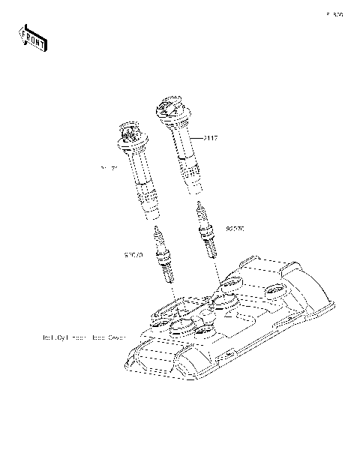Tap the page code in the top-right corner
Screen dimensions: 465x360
(x=334, y=13)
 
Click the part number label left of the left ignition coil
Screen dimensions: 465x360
(x=110, y=169)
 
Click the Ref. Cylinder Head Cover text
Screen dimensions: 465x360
(x=83, y=337)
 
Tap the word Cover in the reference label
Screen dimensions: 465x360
(x=113, y=337)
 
